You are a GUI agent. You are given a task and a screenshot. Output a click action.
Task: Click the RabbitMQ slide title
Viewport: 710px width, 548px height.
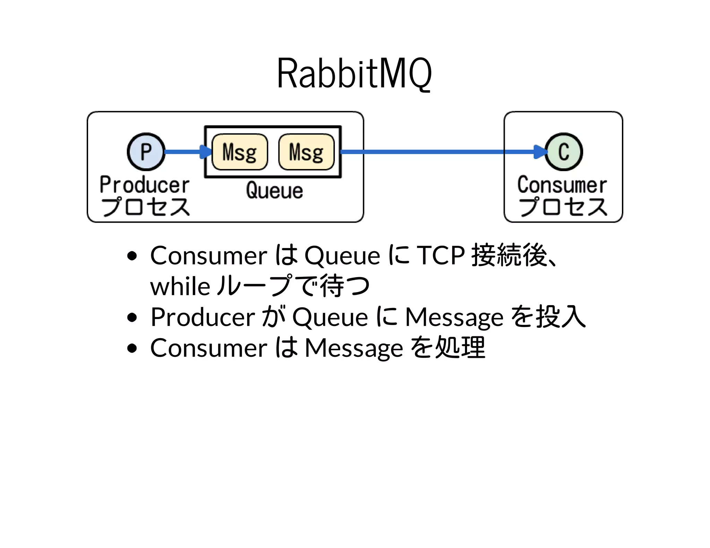coord(354,73)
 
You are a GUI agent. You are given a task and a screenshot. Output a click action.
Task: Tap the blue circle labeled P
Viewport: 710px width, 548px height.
coord(146,152)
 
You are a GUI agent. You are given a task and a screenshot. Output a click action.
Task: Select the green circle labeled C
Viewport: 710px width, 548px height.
coord(564,152)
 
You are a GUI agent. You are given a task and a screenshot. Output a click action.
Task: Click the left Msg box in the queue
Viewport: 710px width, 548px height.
coord(240,152)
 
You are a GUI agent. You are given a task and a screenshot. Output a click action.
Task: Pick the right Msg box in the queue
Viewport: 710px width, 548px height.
coord(306,152)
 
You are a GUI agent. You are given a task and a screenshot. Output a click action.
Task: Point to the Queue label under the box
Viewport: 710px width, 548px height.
coord(274,191)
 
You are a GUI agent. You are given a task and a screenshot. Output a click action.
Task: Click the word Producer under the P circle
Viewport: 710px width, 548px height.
coord(145,185)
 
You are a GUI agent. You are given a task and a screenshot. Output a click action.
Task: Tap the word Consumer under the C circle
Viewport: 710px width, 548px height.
coord(562,185)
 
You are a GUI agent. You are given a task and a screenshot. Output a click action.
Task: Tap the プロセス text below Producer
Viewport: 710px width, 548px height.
coord(145,207)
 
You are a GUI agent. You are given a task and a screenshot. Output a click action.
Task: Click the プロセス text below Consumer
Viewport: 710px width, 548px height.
coord(563,207)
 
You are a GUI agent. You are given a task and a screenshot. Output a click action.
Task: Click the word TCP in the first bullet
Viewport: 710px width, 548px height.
coord(440,256)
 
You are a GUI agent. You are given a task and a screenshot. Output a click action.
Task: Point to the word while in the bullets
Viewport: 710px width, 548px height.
coord(180,287)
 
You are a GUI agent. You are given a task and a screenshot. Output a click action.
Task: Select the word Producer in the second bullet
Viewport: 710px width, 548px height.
coord(203,317)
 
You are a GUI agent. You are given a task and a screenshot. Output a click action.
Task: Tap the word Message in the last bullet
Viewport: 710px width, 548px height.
coord(354,348)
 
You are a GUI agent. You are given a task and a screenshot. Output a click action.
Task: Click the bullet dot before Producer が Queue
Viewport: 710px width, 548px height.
coord(132,317)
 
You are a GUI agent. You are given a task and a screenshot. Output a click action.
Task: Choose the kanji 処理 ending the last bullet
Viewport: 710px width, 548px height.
coord(460,347)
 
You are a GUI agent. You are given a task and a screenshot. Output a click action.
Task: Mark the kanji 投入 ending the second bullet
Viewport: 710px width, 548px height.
coord(561,317)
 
